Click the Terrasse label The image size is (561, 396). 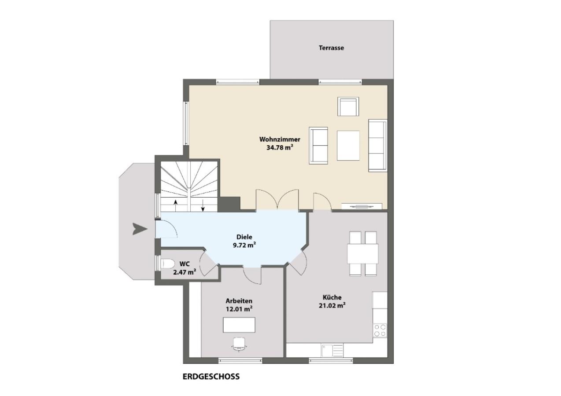pyautogui.click(x=331, y=48)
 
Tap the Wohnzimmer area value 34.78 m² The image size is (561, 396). pyautogui.click(x=280, y=147)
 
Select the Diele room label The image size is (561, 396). pyautogui.click(x=244, y=237)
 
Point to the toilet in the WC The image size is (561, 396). pyautogui.click(x=168, y=264)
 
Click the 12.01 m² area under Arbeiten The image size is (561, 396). pyautogui.click(x=239, y=309)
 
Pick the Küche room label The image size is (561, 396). pyautogui.click(x=332, y=297)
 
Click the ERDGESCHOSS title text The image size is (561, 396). pyautogui.click(x=211, y=377)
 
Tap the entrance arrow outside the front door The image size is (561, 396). pyautogui.click(x=140, y=229)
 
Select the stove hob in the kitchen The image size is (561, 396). pyautogui.click(x=380, y=330)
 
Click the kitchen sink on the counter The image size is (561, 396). pyautogui.click(x=332, y=350)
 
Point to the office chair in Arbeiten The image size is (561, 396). pyautogui.click(x=240, y=345)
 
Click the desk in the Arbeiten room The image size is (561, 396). pyautogui.click(x=239, y=325)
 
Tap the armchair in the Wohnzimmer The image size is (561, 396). pyautogui.click(x=348, y=106)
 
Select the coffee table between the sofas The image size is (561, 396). pyautogui.click(x=348, y=146)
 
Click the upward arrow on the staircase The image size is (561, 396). pyautogui.click(x=176, y=205)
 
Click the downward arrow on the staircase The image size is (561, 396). pyautogui.click(x=203, y=205)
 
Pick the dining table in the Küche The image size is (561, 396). pyautogui.click(x=363, y=253)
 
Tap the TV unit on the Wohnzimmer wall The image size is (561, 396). pyautogui.click(x=362, y=206)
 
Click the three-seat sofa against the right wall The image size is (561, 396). pyautogui.click(x=378, y=146)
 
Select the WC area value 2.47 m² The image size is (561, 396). pyautogui.click(x=185, y=272)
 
